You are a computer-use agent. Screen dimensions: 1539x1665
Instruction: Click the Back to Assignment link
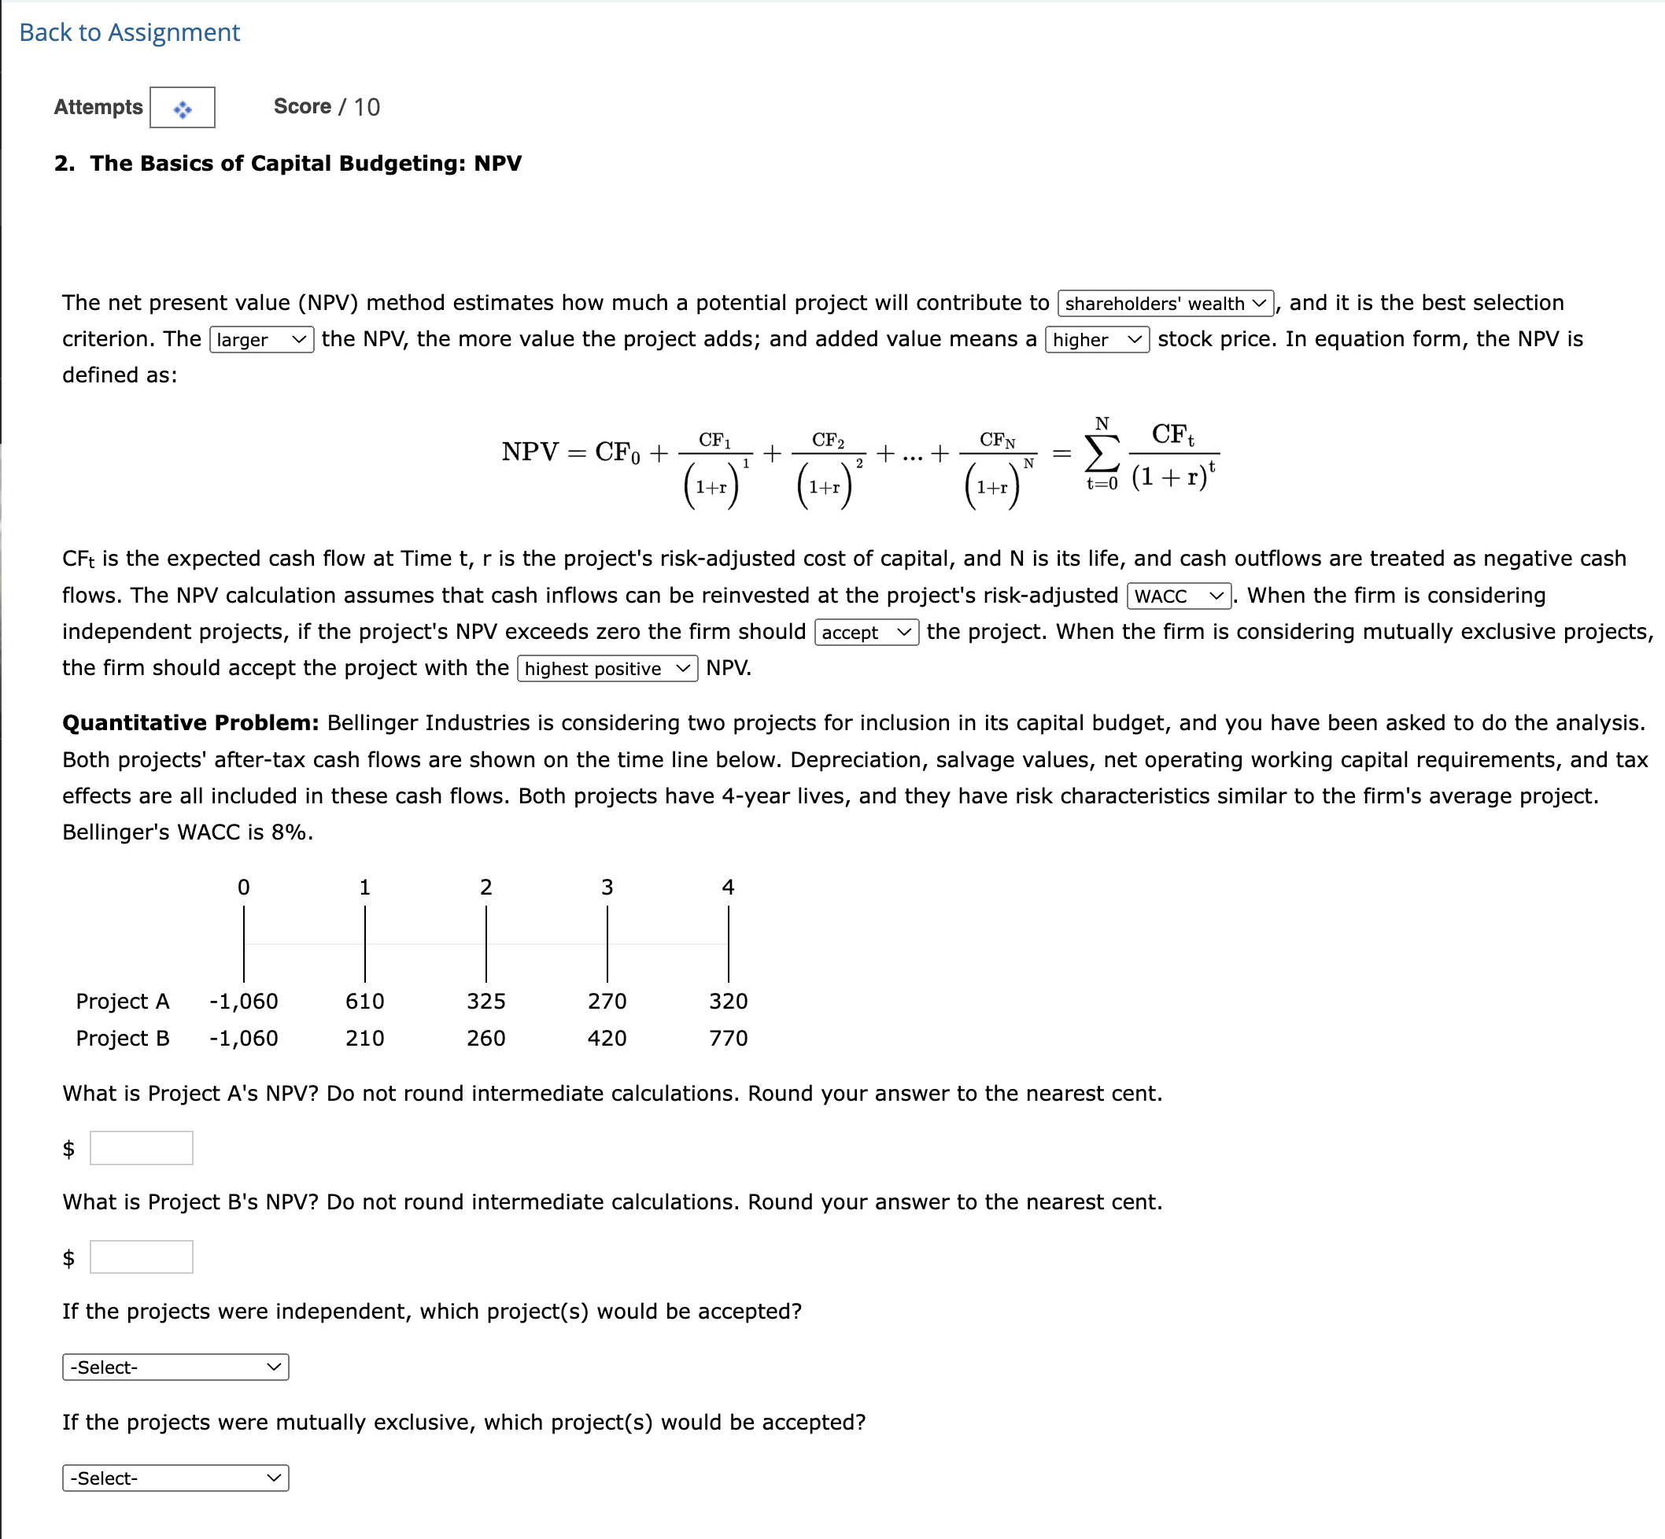129,32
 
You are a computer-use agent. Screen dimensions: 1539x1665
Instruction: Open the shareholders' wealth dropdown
1165,303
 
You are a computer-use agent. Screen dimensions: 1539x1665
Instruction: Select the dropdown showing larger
260,340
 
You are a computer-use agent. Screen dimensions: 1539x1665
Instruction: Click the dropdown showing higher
1096,340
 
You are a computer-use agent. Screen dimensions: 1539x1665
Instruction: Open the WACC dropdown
1178,596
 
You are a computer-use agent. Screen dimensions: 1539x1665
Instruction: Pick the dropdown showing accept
866,633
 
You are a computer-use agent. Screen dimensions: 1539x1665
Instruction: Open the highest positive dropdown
607,669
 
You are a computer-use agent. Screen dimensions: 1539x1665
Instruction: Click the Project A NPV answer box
141,1148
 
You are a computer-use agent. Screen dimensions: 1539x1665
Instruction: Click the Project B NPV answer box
141,1257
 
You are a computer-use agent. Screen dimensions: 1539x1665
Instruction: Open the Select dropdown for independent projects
175,1367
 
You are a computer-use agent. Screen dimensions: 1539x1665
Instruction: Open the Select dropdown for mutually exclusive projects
175,1478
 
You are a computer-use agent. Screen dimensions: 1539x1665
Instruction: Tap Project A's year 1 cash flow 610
365,1001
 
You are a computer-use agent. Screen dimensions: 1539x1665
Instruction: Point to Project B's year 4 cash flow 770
728,1039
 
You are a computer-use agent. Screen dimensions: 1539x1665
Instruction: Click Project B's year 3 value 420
607,1039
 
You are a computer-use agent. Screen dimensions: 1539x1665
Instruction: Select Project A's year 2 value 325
485,1001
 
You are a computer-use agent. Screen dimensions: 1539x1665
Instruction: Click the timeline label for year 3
607,888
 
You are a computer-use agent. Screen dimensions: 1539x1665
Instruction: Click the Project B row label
123,1039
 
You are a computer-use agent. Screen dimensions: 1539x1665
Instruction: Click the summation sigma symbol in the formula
1101,455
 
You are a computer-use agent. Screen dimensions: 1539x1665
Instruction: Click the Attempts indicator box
182,108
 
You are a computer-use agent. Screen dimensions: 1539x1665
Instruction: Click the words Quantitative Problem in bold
190,723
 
